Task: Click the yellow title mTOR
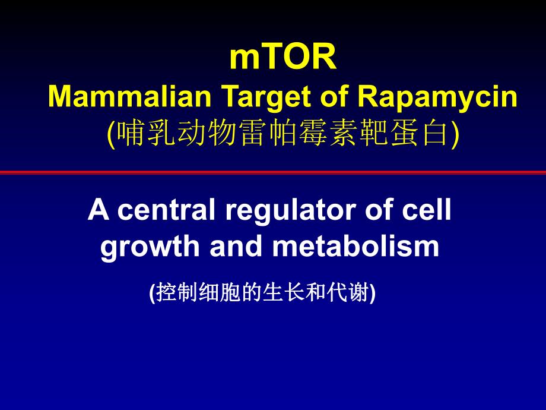(282, 58)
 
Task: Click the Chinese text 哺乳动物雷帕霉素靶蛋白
(282, 133)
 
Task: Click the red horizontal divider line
(273, 172)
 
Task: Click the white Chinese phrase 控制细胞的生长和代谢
(262, 293)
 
